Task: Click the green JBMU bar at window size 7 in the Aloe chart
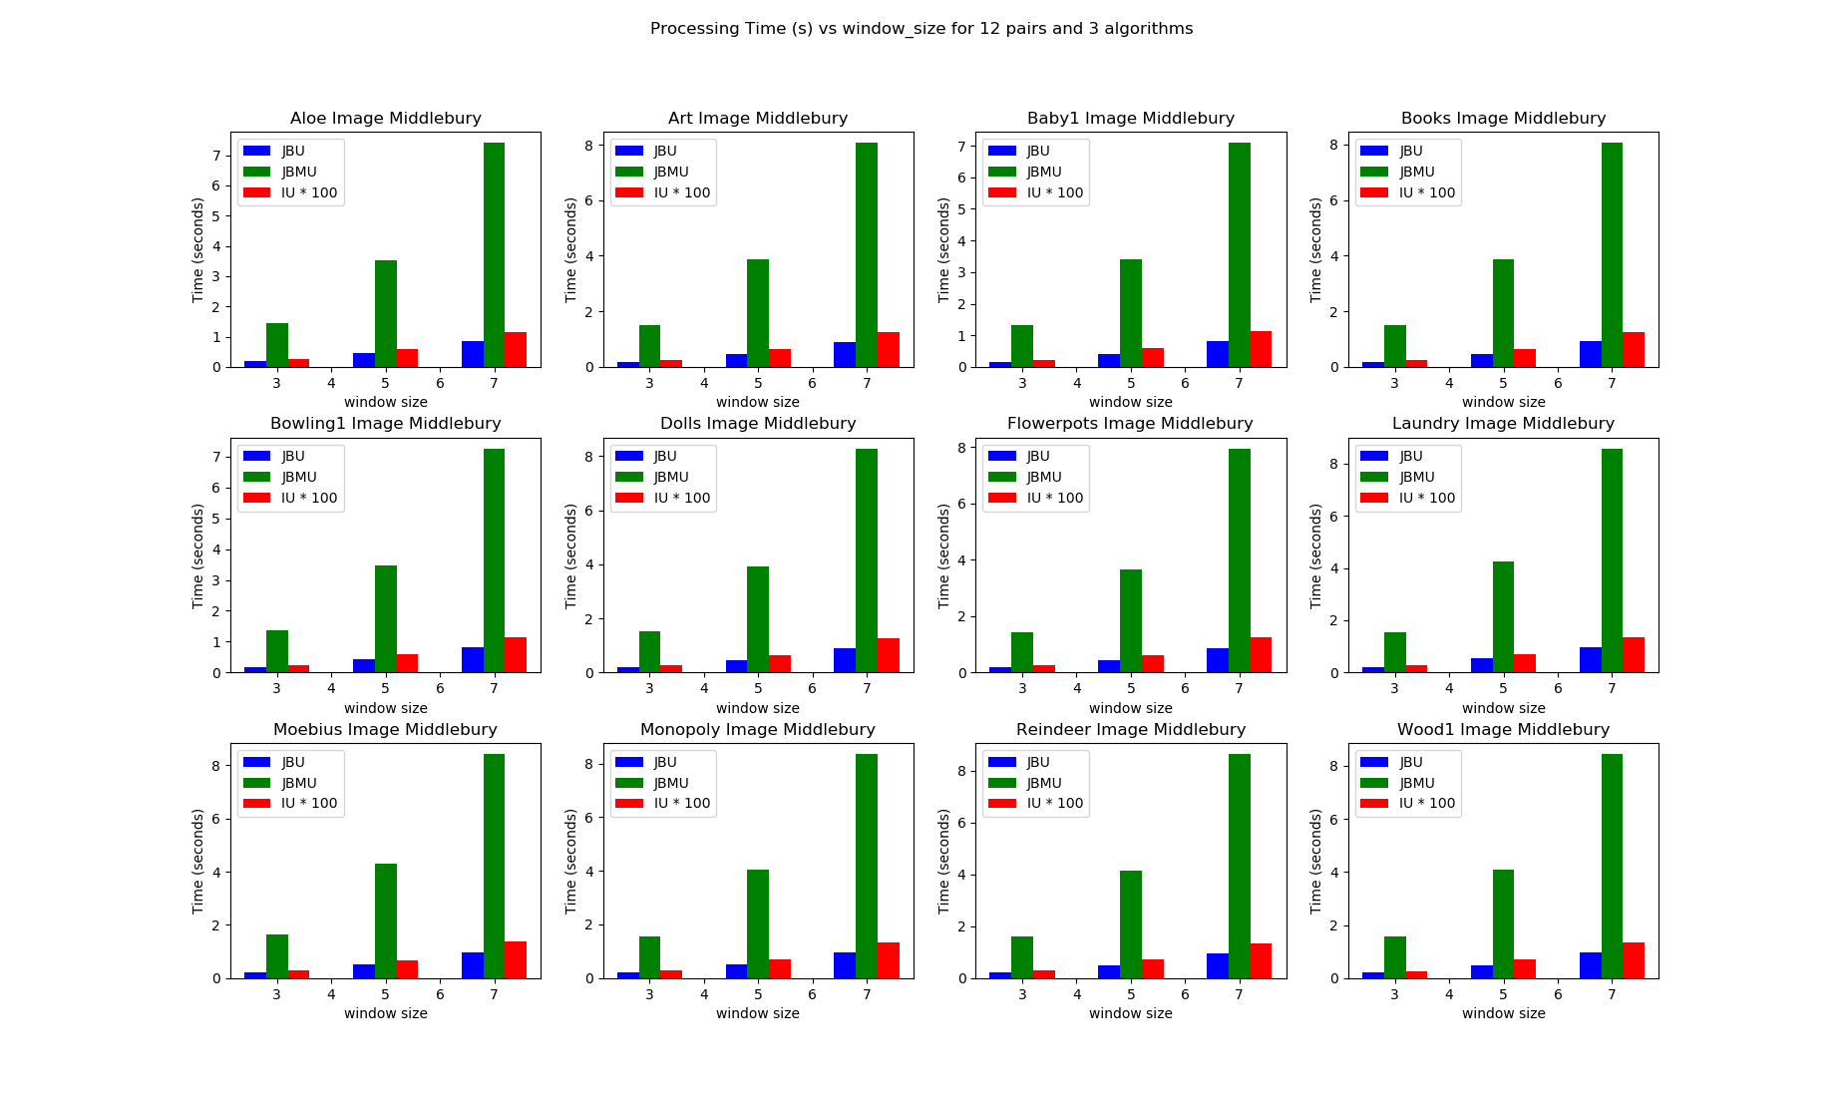click(x=494, y=255)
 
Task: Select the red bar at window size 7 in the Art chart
click(x=888, y=350)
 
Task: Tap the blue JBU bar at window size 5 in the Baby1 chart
click(x=1108, y=361)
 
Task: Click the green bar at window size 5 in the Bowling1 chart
click(x=385, y=619)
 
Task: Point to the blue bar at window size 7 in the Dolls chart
click(x=844, y=661)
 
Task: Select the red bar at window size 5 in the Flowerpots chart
click(x=1152, y=664)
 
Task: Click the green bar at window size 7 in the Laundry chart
click(x=1612, y=560)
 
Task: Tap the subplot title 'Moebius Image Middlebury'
click(x=385, y=730)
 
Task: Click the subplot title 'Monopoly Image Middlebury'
click(x=758, y=730)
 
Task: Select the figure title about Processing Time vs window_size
click(x=921, y=29)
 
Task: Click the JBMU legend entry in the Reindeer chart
click(x=1044, y=783)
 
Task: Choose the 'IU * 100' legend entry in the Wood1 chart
click(x=1426, y=804)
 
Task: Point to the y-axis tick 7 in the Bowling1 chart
click(x=215, y=457)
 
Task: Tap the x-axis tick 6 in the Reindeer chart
click(x=1185, y=994)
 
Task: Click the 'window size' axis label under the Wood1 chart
click(x=1503, y=1013)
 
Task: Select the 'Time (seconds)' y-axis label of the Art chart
click(x=570, y=249)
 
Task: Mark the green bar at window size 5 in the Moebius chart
click(x=385, y=920)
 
